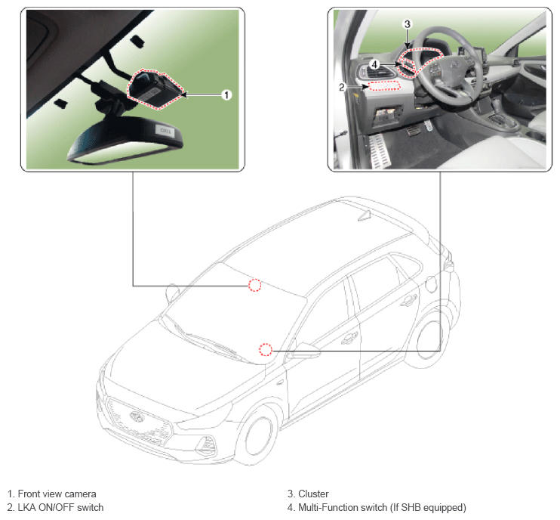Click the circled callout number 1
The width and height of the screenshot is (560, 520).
[226, 94]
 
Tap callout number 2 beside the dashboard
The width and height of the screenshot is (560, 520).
[341, 87]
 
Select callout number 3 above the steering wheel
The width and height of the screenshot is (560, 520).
[407, 24]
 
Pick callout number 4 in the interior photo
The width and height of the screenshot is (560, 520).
[374, 64]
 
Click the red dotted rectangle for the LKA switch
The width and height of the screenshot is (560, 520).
[384, 85]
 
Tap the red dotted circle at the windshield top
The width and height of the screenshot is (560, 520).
[254, 285]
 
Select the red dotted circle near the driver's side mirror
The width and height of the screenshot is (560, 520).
[266, 349]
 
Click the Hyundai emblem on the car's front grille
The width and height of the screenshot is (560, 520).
[136, 416]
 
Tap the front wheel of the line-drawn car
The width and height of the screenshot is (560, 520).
[258, 435]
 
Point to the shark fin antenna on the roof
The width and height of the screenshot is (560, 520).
[365, 215]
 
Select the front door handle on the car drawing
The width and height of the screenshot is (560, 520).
[349, 337]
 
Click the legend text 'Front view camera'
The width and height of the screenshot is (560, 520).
[57, 494]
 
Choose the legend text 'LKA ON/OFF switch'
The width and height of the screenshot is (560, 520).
[60, 507]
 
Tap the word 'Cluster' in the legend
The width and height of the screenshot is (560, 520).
[313, 494]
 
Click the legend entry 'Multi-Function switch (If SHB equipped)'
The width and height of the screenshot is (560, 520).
[382, 507]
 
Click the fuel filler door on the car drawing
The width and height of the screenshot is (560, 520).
[431, 284]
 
